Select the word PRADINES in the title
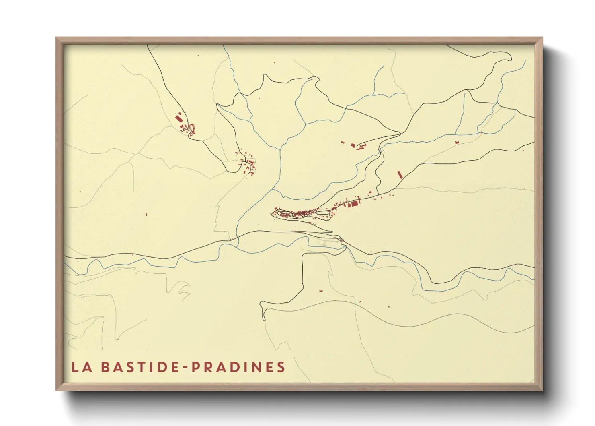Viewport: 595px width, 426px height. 238,367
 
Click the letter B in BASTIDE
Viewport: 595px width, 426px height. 104,367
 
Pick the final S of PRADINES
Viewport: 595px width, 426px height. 281,367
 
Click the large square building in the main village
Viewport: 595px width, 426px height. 355,204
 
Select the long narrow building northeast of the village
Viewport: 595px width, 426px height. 400,174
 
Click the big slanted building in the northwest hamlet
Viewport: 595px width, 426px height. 178,118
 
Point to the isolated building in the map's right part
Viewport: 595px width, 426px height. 457,142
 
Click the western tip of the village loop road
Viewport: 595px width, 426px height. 274,212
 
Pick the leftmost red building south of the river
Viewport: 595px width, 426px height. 321,290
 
